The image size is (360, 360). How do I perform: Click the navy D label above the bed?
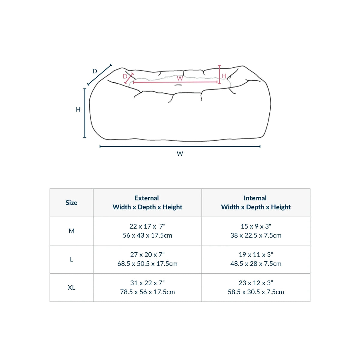[95, 71]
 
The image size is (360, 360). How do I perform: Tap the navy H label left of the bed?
[78, 109]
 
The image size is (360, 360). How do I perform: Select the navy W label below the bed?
[180, 154]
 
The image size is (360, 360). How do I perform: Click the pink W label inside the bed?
[180, 78]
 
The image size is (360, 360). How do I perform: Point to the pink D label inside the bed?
[125, 76]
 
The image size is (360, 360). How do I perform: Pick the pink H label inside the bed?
[224, 76]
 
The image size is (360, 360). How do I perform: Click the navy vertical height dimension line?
[85, 113]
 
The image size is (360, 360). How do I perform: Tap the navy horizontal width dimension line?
[180, 146]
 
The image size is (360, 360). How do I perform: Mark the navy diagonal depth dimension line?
[100, 75]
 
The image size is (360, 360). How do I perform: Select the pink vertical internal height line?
[220, 75]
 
